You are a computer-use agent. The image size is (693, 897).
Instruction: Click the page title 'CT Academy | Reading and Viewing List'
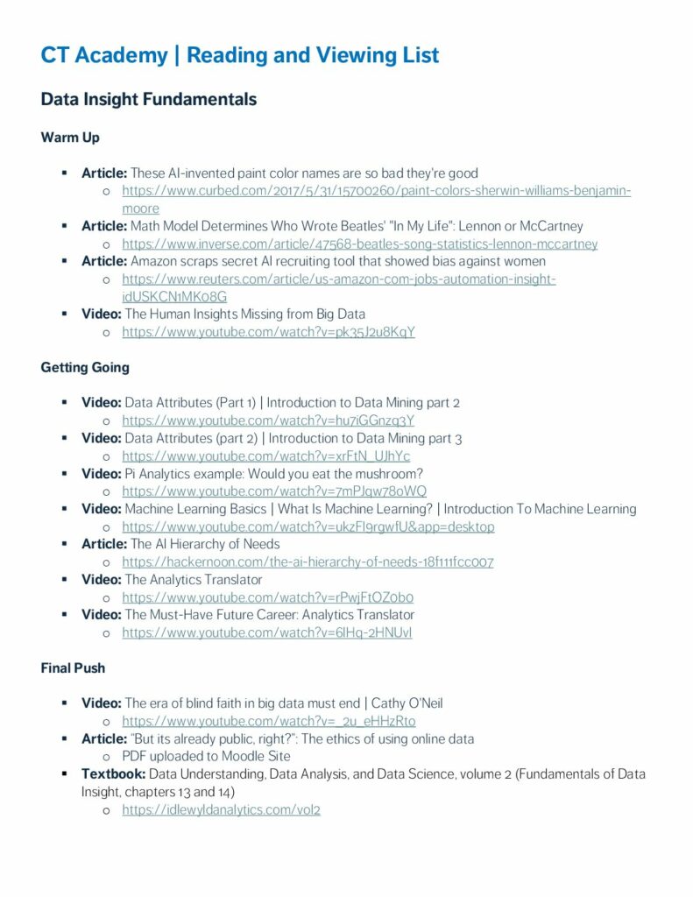239,56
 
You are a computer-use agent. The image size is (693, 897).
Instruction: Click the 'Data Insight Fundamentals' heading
149,99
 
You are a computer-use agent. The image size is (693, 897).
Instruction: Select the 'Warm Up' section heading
70,138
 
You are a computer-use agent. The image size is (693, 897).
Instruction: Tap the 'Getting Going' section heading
85,367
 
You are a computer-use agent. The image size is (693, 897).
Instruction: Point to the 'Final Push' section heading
73,667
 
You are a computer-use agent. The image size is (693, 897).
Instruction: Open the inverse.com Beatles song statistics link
359,244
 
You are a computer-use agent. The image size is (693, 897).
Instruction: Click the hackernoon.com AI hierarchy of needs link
308,562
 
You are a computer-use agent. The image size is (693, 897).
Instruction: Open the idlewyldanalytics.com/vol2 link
221,809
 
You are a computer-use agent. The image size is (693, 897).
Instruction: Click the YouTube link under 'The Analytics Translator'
267,597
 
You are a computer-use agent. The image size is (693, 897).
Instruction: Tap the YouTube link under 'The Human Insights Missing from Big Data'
268,332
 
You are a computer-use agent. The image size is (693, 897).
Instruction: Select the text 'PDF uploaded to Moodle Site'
206,756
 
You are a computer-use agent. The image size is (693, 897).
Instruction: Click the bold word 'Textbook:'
113,773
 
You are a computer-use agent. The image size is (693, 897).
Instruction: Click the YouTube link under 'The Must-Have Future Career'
266,632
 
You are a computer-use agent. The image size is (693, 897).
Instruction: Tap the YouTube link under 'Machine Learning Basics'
308,526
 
